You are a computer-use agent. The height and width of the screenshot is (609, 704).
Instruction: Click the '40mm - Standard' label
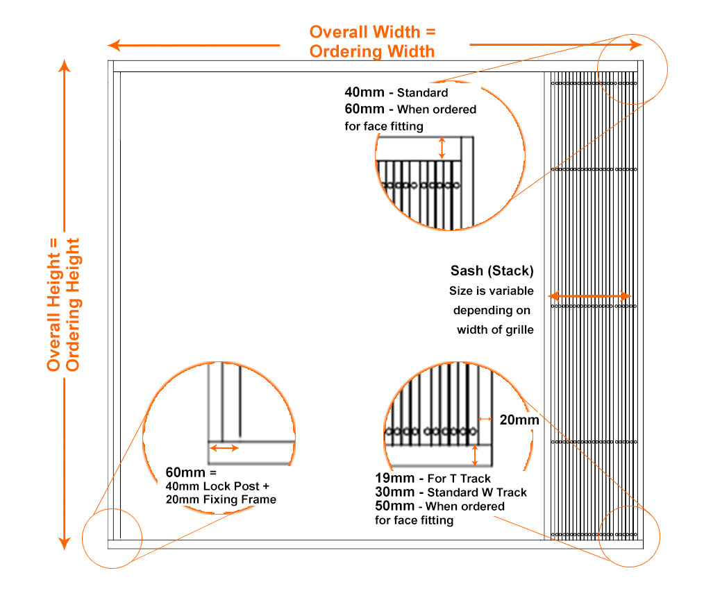click(396, 92)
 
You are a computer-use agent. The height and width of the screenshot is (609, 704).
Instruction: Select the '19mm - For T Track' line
click(433, 478)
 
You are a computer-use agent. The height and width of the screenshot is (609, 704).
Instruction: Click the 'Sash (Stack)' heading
click(492, 271)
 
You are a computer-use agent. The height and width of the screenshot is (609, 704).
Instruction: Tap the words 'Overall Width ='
click(374, 32)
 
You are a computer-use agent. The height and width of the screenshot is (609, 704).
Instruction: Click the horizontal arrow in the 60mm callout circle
click(224, 448)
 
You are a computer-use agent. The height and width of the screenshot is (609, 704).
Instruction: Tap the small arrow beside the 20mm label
click(485, 419)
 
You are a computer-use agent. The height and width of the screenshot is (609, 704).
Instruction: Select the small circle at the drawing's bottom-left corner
click(112, 539)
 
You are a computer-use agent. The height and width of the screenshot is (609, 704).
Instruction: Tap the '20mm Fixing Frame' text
click(221, 499)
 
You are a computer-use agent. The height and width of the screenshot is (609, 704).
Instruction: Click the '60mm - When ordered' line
click(410, 109)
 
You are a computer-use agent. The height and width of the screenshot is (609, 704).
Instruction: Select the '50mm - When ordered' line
click(439, 506)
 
